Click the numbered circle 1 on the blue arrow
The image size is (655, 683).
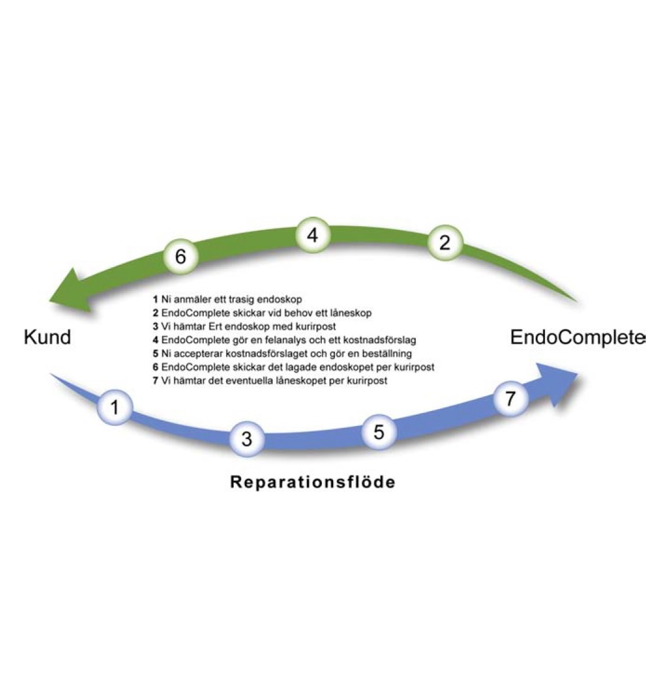[114, 407]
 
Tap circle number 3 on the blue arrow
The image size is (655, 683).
[247, 439]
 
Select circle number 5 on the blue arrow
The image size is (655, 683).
[379, 432]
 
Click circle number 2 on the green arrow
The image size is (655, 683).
[444, 243]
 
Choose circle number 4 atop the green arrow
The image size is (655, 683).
[313, 235]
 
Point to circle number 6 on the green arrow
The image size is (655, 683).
[180, 256]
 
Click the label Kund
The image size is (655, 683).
[47, 337]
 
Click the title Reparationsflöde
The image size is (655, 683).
[313, 482]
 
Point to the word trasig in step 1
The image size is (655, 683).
[239, 299]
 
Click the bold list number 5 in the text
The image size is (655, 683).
[155, 354]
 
